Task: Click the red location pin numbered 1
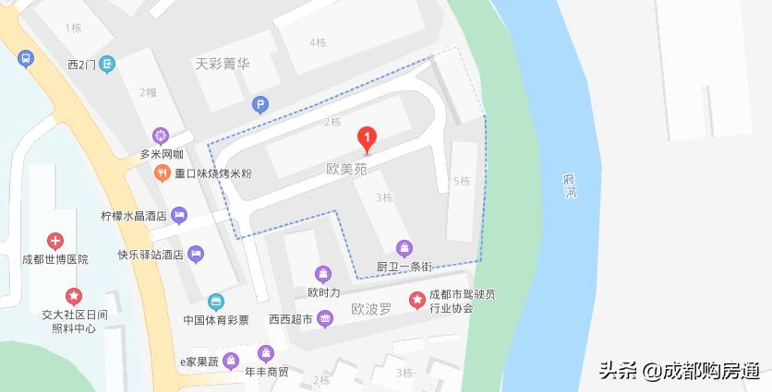coord(368,140)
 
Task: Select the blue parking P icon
coord(261,105)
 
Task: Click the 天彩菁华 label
coord(223,65)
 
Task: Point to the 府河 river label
coord(570,186)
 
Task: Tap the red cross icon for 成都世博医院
coord(55,242)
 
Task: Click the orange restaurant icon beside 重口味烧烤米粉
coord(161,172)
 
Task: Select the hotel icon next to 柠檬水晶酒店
coord(179,216)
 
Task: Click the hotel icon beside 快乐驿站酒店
coord(195,254)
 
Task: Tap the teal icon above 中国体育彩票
coord(215,302)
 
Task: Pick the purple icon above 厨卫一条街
coord(404,248)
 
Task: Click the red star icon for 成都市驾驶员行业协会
coord(417,300)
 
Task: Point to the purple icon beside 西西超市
coord(324,319)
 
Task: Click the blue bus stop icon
coord(25,58)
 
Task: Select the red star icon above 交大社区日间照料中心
coord(74,296)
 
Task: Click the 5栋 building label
coord(462,181)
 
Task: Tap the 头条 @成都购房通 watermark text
coord(679,371)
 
